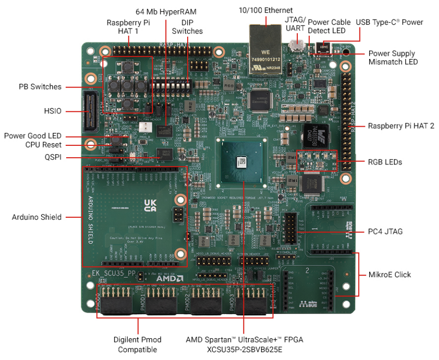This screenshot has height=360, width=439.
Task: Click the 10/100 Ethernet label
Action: (x=265, y=10)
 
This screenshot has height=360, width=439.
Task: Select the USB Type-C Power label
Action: (x=389, y=22)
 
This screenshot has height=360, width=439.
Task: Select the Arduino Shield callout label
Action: (x=36, y=217)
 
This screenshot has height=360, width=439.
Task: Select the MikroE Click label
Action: (x=389, y=275)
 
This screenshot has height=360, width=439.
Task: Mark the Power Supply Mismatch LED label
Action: (x=391, y=57)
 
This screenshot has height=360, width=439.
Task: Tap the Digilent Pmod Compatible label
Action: (x=138, y=344)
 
